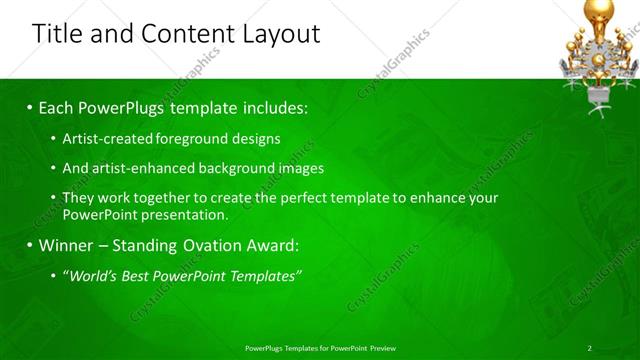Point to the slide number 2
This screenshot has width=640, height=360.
(x=589, y=348)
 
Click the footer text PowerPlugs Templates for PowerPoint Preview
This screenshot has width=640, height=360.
(x=320, y=348)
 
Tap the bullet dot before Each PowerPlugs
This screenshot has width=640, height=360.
(x=30, y=106)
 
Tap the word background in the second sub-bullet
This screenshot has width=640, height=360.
(x=230, y=168)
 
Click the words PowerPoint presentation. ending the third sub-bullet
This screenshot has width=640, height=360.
(x=145, y=214)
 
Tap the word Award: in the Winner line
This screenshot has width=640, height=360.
(x=270, y=245)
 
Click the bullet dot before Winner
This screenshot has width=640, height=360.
(x=30, y=245)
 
